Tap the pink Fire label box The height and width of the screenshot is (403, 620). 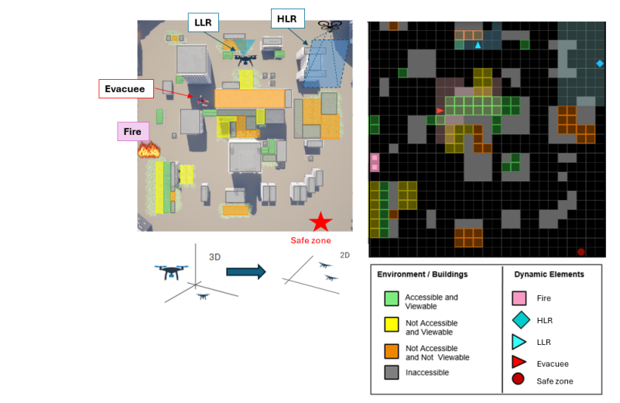(133, 131)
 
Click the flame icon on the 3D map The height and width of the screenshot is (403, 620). (148, 149)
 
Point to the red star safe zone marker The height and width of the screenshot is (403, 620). (320, 222)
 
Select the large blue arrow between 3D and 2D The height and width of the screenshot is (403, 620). (245, 271)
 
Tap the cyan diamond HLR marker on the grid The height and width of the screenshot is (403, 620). (600, 63)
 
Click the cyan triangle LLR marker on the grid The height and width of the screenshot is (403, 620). (478, 46)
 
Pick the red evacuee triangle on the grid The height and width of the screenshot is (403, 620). (440, 111)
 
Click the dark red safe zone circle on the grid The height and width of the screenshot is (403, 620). (581, 252)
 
